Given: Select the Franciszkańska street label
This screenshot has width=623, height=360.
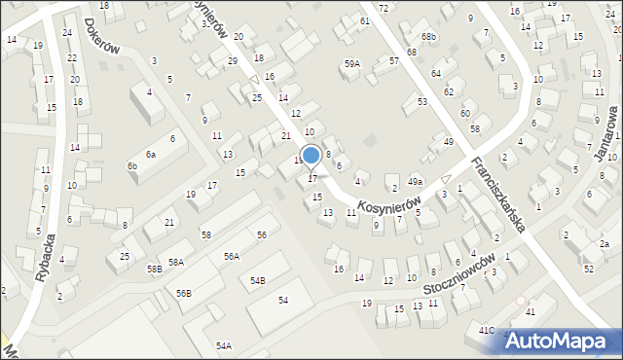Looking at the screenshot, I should pyautogui.click(x=498, y=195).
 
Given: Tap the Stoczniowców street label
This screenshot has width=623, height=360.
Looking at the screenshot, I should pyautogui.click(x=461, y=276).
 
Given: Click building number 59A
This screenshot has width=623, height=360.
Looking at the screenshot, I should pyautogui.click(x=351, y=63).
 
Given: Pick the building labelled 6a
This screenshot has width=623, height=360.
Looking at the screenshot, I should pyautogui.click(x=150, y=155).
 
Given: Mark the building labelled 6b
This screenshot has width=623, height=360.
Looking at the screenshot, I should pyautogui.click(x=132, y=166).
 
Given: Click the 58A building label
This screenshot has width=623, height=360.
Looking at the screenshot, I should pyautogui.click(x=175, y=262).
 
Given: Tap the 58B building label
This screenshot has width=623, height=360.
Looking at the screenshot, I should pyautogui.click(x=155, y=269).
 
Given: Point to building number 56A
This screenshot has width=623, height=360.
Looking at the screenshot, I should pyautogui.click(x=231, y=256).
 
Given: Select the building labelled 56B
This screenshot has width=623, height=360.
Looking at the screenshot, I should pyautogui.click(x=184, y=293).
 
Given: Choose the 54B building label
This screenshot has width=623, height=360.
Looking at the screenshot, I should pyautogui.click(x=257, y=280).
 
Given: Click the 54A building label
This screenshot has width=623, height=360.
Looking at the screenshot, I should pyautogui.click(x=224, y=345).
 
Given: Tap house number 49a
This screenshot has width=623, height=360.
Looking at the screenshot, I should pyautogui.click(x=416, y=182).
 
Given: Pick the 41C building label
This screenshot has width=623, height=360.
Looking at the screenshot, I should pyautogui.click(x=486, y=331).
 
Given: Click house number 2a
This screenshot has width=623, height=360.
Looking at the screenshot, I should pyautogui.click(x=604, y=244).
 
